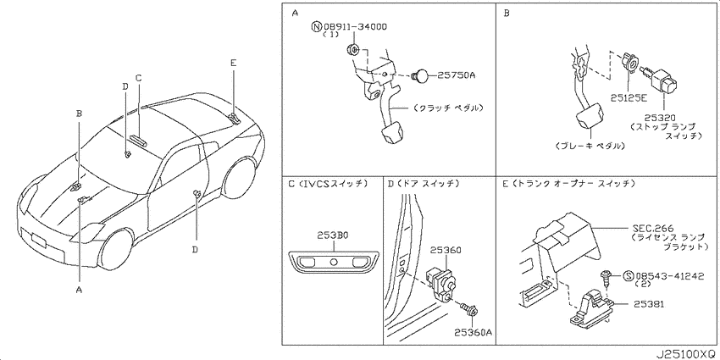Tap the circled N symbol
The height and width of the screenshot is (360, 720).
[x=316, y=27]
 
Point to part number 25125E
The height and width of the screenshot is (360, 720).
[x=629, y=97]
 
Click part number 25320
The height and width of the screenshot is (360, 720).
[x=663, y=118]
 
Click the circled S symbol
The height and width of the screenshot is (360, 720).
[x=629, y=276]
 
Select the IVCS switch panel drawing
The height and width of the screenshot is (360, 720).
[x=334, y=263]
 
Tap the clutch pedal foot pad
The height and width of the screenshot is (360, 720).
[x=391, y=134]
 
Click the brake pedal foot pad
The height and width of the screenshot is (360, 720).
[x=590, y=117]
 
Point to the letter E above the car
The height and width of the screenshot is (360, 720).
[x=233, y=64]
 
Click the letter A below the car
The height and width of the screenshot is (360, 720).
[x=79, y=290]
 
